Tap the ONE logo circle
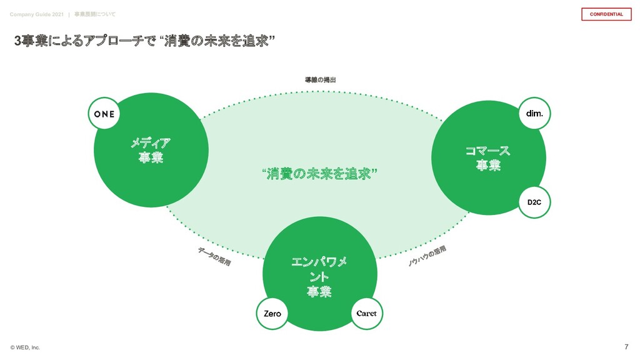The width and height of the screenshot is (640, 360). point(104,114)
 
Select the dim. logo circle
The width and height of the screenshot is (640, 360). point(534,113)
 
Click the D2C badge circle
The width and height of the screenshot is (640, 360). point(534,202)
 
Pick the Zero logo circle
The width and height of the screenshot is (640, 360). point(272,314)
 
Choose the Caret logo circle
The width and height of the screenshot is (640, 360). point(366,314)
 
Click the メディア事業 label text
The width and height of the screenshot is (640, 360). point(151,150)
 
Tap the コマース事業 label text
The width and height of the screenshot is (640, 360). point(487,158)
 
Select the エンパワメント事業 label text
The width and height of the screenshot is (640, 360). point(319,276)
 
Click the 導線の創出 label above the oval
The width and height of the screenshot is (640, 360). point(320,80)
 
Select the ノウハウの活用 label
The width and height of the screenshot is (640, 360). point(427,256)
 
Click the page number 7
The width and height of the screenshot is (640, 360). point(626,347)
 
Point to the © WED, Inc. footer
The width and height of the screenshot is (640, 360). point(25,347)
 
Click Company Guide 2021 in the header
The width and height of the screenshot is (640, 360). point(36,14)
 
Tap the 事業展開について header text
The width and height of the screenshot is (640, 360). point(94,14)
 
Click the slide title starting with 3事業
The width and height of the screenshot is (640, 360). point(144,41)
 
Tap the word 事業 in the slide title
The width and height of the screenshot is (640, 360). point(34,41)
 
